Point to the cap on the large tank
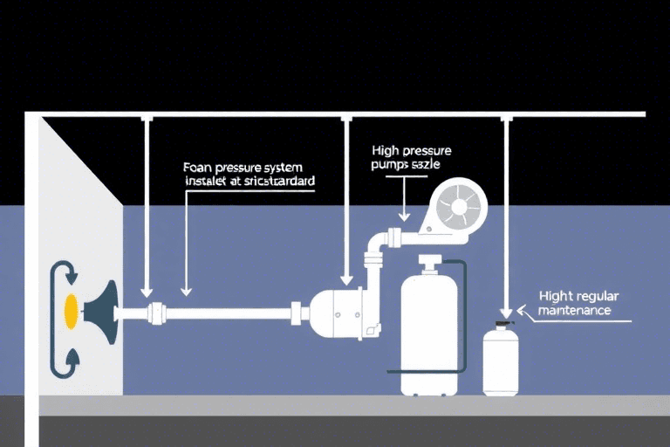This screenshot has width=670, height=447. pyautogui.click(x=428, y=263)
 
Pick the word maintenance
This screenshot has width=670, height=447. pyautogui.click(x=575, y=310)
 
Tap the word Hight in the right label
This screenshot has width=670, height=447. pyautogui.click(x=557, y=296)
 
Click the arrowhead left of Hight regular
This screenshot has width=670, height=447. pyautogui.click(x=523, y=310)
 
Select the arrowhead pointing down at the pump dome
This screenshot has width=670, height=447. pyautogui.click(x=347, y=280)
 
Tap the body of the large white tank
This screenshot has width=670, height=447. pyautogui.click(x=429, y=332)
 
